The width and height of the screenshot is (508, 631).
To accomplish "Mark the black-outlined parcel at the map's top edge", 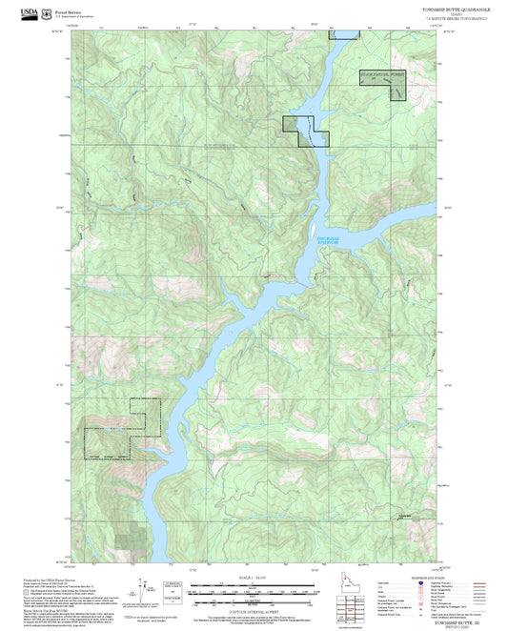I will pos(344,32).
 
